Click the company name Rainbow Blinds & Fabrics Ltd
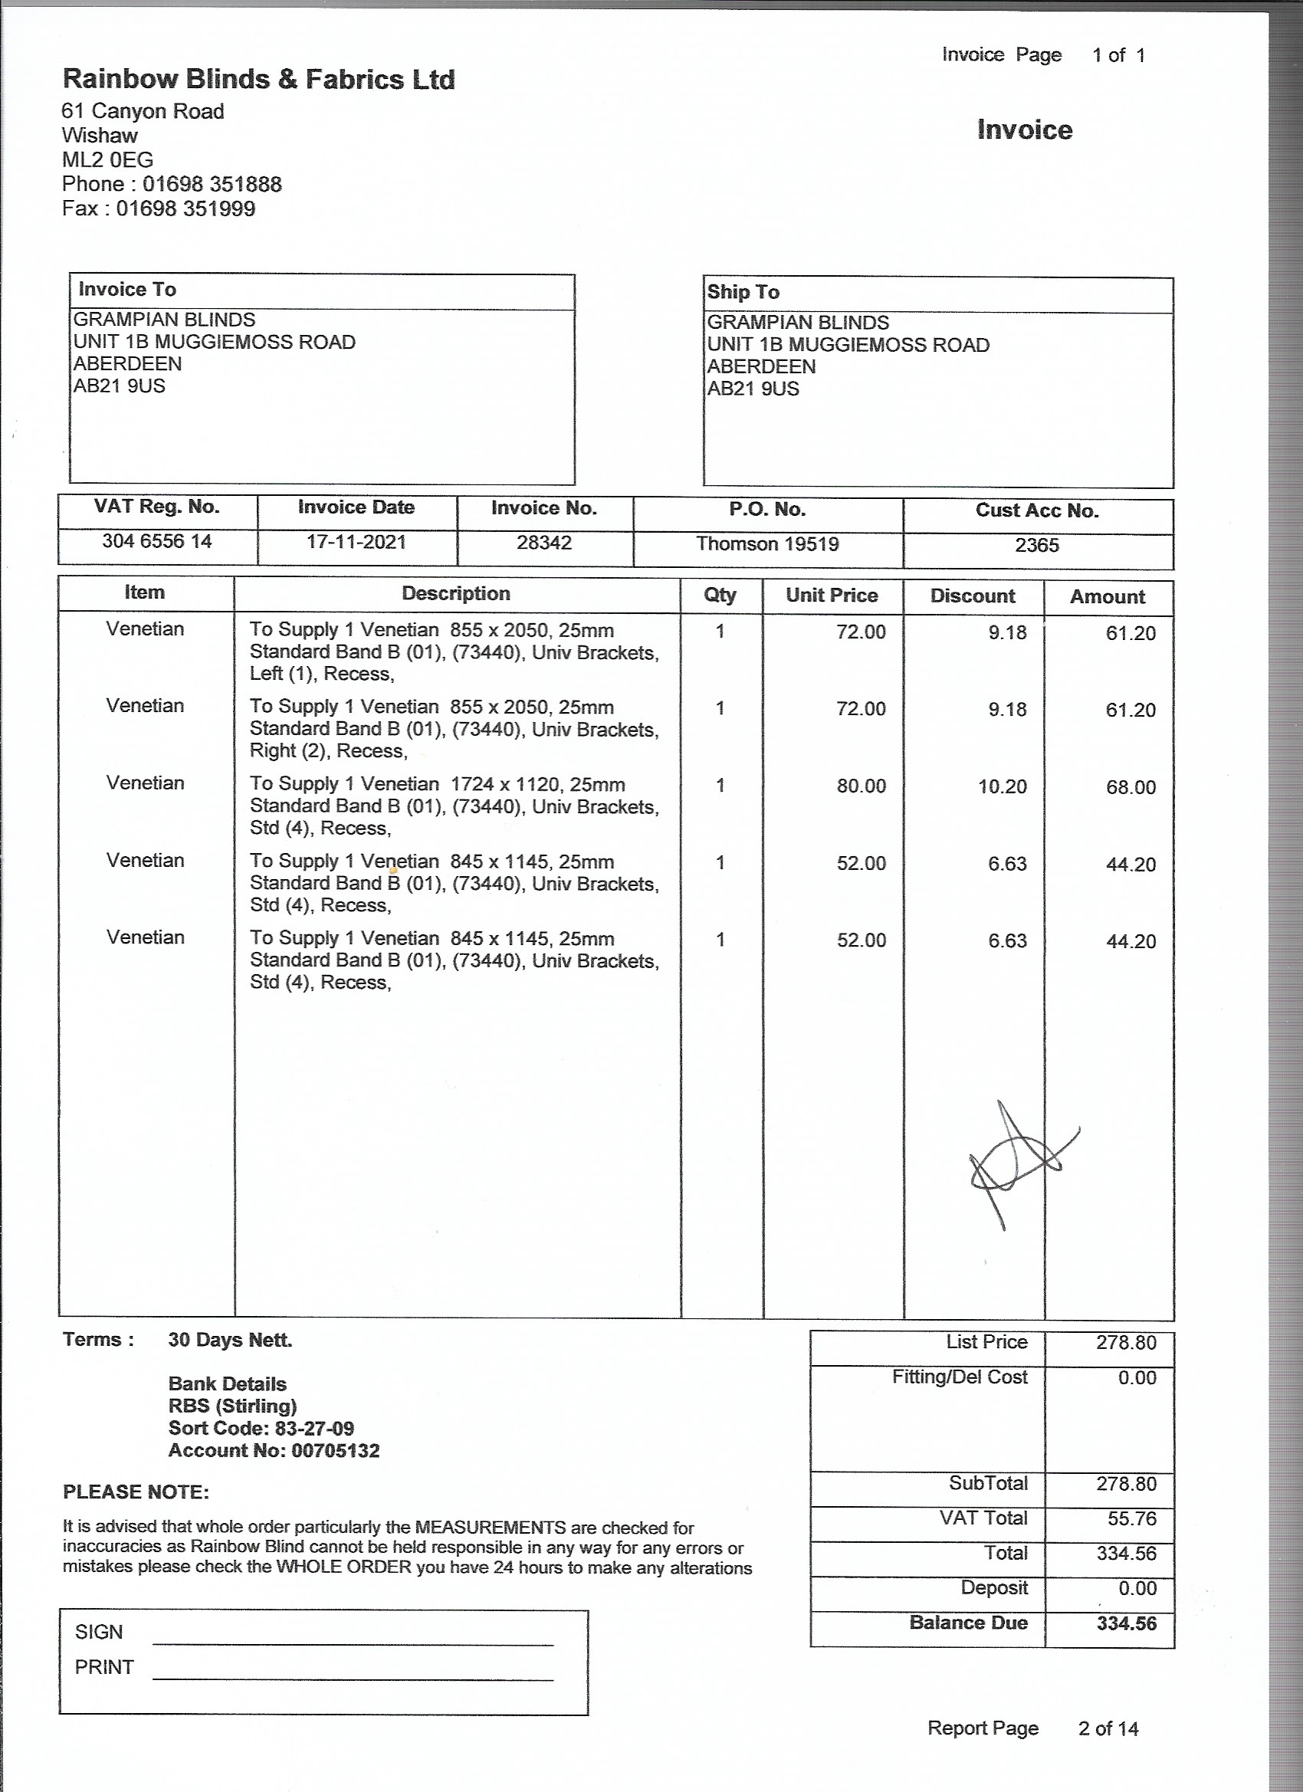coord(258,79)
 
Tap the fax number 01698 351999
coord(185,208)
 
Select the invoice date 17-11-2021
coord(356,542)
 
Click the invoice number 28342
coord(543,543)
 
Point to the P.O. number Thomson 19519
coord(766,543)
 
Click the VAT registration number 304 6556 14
coord(156,541)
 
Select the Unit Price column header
coord(832,596)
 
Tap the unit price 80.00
coord(862,786)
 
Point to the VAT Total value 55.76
coord(1131,1518)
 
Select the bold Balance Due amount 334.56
coord(1126,1623)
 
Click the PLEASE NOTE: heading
coord(136,1492)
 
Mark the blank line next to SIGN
coord(353,1643)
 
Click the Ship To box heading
coord(743,292)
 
